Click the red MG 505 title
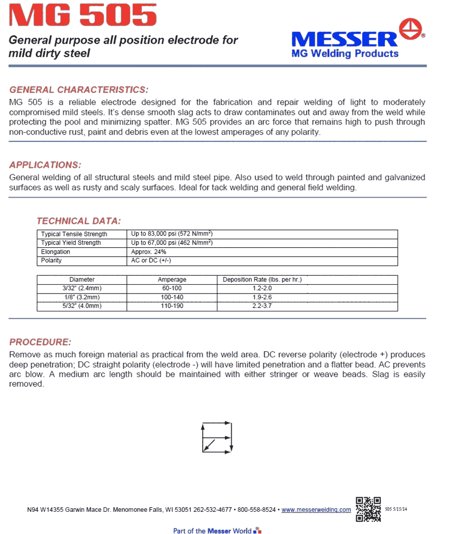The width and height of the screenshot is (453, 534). pos(83,15)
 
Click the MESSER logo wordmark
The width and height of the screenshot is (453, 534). pos(344,39)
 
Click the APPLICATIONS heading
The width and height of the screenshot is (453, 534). pos(45,165)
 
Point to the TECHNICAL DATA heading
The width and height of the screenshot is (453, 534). pos(78,221)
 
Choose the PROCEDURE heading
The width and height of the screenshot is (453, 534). pos(40,342)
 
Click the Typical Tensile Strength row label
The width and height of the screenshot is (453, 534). pos(74,234)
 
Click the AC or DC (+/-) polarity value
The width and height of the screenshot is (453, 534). pos(151,260)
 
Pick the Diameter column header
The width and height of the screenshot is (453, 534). pos(82,279)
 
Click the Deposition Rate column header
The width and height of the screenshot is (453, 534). pos(265,279)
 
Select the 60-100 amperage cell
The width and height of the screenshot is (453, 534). pos(172,288)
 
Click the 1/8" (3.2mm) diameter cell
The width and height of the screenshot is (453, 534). pos(82,297)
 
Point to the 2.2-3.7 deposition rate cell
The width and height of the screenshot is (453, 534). pos(262,306)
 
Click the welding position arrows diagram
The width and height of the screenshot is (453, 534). pos(216,437)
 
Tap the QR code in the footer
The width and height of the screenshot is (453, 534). pos(368,509)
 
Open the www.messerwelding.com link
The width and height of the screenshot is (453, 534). pos(316,510)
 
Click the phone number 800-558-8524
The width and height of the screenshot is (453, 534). pos(255,510)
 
